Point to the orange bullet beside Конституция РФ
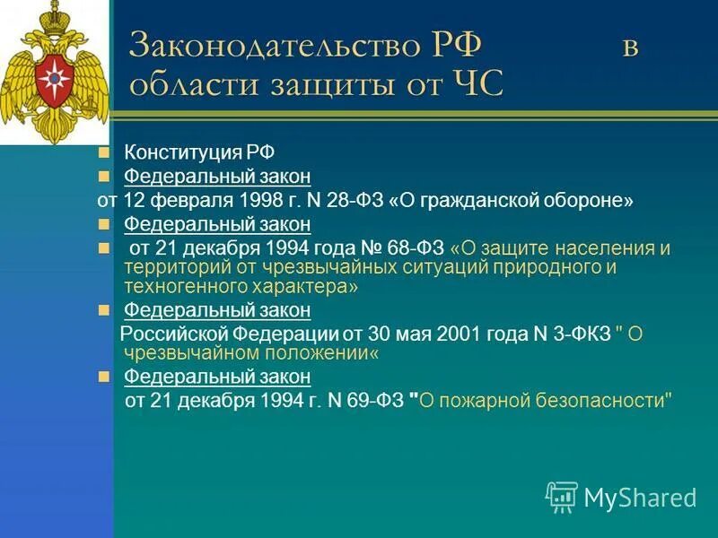[105, 152]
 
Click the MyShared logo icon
[562, 497]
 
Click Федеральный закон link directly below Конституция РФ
[217, 177]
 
